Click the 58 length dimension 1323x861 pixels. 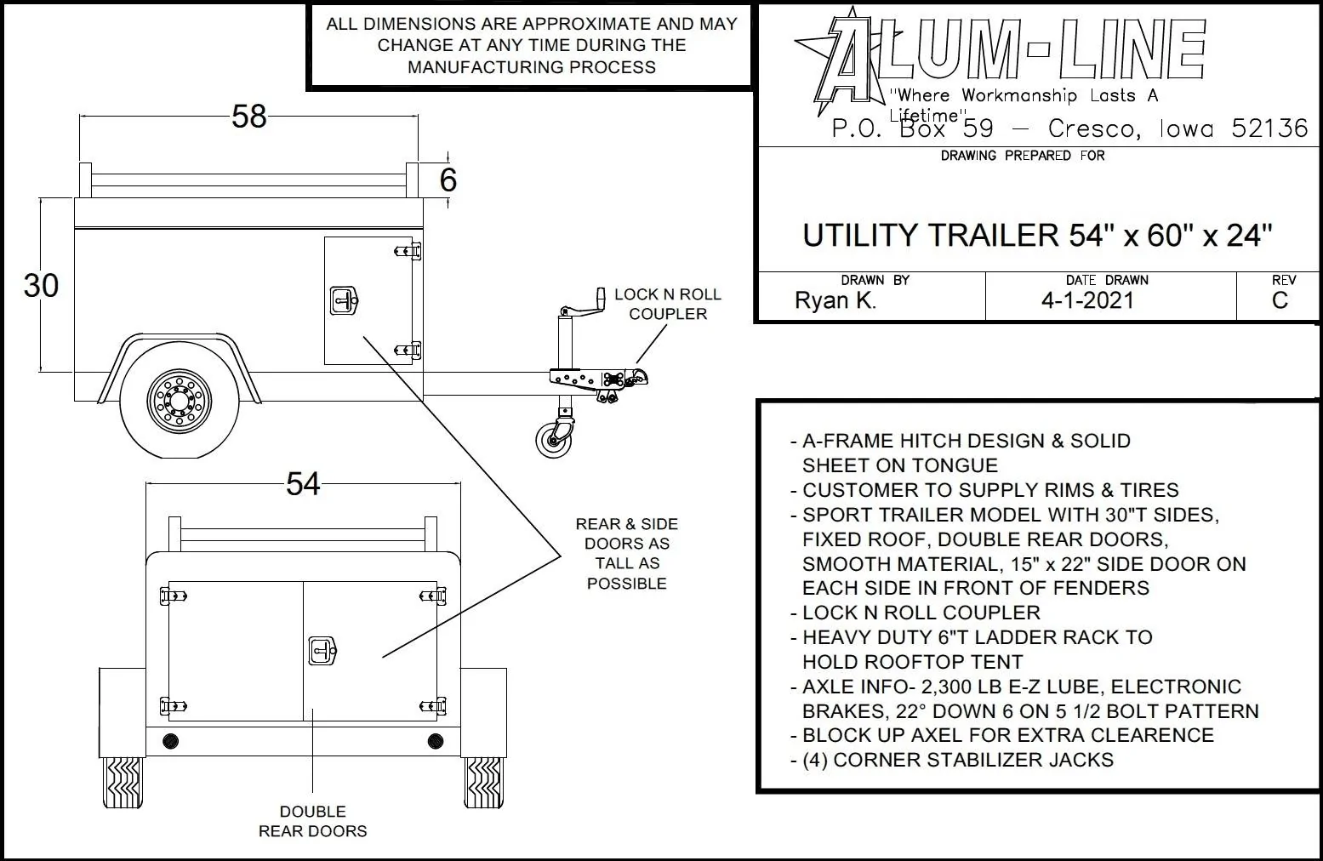click(x=248, y=116)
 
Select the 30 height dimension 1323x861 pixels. click(x=41, y=285)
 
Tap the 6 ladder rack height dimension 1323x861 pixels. click(x=448, y=180)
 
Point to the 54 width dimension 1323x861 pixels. click(x=303, y=483)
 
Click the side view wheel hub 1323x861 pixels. click(x=179, y=401)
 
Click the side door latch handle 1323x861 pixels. click(x=343, y=300)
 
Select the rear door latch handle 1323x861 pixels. click(x=322, y=652)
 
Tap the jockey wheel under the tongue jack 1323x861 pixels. click(x=554, y=439)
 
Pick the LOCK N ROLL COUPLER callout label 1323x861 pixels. click(x=667, y=304)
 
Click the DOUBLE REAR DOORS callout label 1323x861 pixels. click(x=312, y=821)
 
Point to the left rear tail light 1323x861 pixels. click(x=170, y=740)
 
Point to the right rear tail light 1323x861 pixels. click(x=436, y=740)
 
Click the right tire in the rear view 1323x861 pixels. click(x=484, y=783)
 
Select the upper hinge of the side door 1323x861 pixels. click(x=408, y=251)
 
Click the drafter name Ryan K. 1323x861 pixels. click(x=835, y=300)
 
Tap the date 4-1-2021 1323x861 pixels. click(x=1087, y=300)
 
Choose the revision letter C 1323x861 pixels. click(x=1280, y=300)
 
